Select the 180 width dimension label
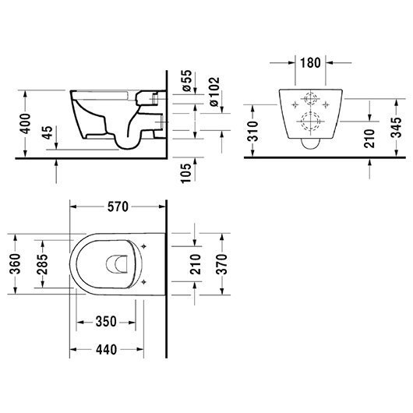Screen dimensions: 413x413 pyautogui.click(x=309, y=62)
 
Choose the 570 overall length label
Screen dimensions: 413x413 pyautogui.click(x=117, y=206)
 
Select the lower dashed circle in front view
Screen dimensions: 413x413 pyautogui.click(x=310, y=123)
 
